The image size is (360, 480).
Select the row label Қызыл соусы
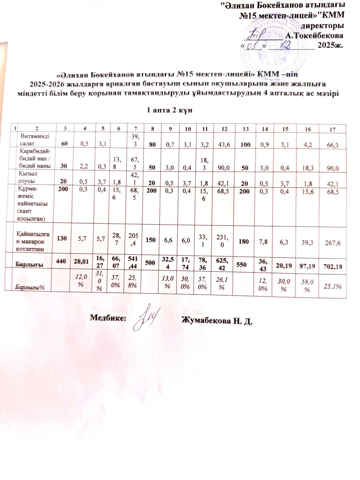point(28,177)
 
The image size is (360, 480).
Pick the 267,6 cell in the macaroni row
point(332,243)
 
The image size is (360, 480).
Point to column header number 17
point(332,130)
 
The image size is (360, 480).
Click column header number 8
point(152,129)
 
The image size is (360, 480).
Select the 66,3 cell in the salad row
point(332,145)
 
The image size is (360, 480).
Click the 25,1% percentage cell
point(332,286)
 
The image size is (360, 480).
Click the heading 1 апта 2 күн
point(169,110)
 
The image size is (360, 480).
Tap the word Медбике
point(108,318)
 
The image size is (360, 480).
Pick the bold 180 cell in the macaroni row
point(245,241)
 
